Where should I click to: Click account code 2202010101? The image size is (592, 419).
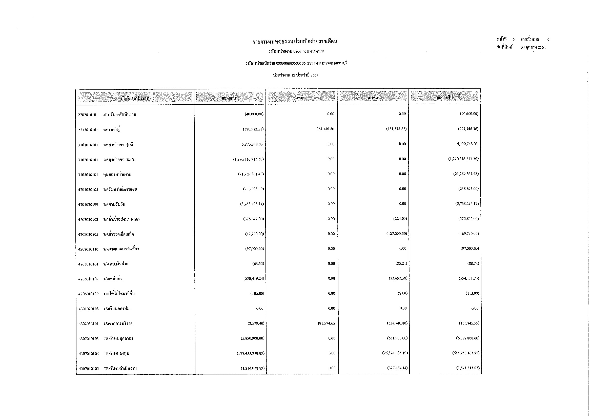coord(88,115)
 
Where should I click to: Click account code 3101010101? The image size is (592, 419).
coord(88,145)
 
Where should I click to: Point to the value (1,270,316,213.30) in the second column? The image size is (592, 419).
coord(248,159)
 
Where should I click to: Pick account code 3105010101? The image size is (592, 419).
coord(88,175)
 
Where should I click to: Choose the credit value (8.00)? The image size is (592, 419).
coord(402,293)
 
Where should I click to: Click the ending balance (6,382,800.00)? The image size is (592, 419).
coord(468,338)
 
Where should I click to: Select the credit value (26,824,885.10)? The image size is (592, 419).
coord(395,353)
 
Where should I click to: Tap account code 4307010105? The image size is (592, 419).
coord(89,369)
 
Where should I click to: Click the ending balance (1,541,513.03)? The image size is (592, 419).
coord(468,368)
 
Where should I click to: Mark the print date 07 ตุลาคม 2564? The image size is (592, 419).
coord(533,47)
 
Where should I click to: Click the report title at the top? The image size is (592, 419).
coord(295,42)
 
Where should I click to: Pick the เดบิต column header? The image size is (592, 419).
coord(301,98)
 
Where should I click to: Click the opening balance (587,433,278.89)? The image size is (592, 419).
coord(251,353)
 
